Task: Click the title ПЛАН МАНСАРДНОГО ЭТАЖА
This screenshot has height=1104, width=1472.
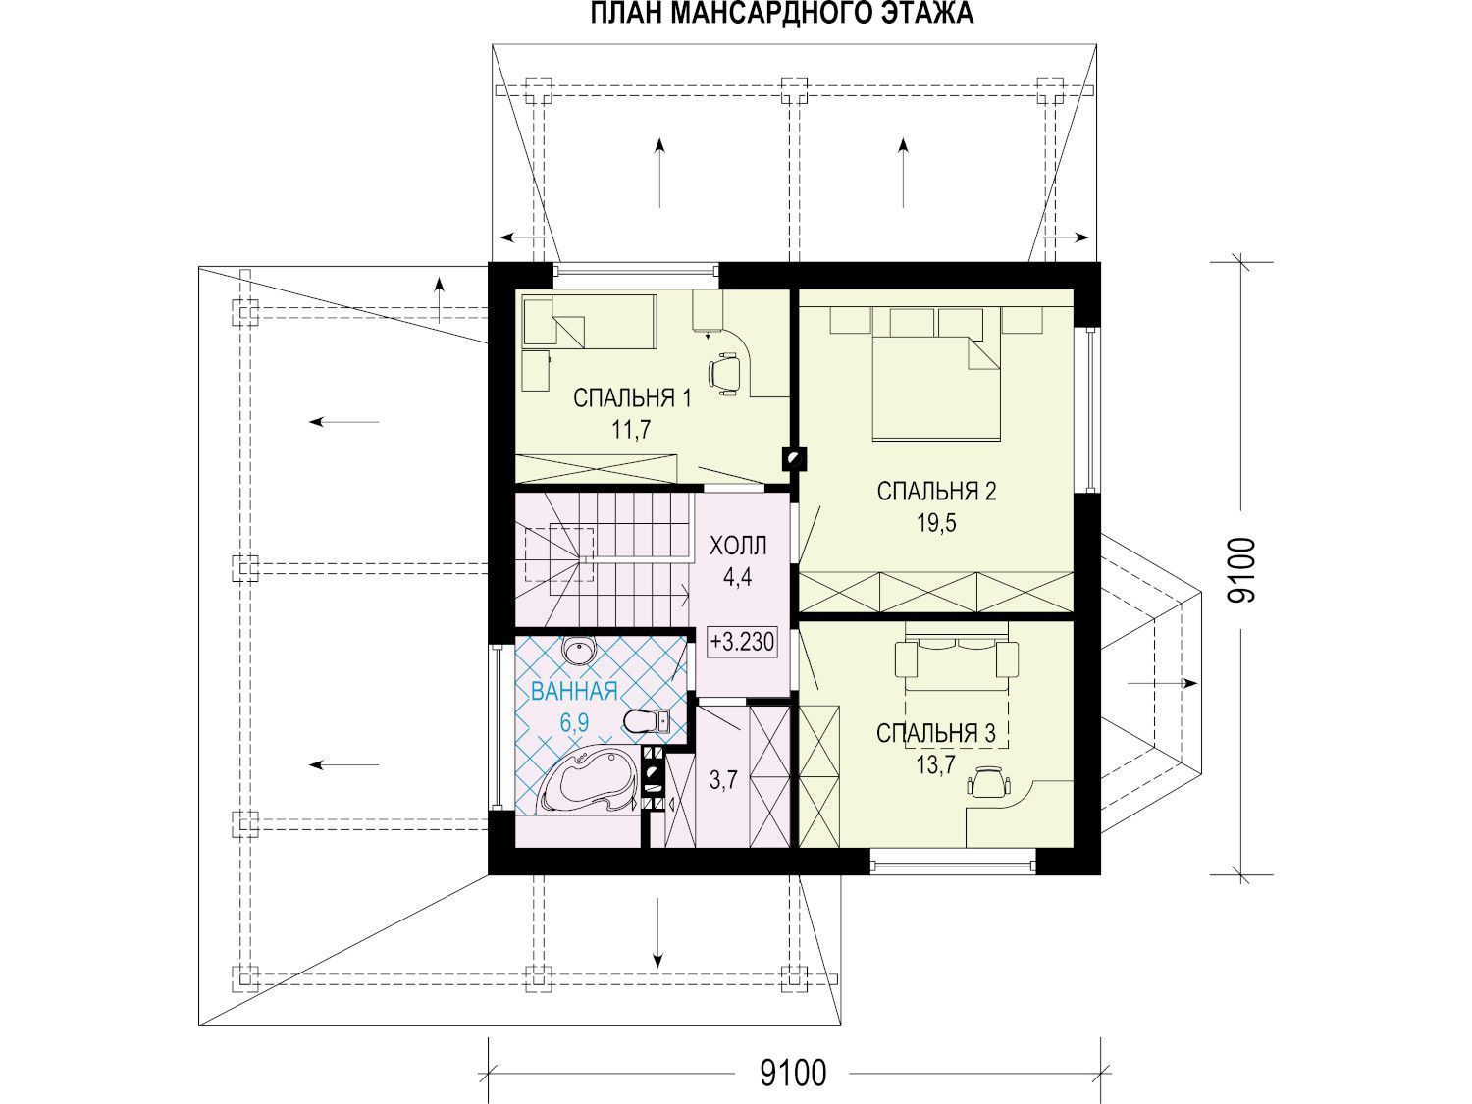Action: pos(781,14)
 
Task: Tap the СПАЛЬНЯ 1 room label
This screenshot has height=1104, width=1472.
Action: pos(632,398)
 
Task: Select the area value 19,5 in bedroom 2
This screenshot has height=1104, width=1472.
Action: pos(937,523)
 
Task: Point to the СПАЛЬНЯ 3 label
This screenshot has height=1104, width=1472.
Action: pos(936,733)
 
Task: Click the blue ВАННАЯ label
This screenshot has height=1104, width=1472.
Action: pos(574,691)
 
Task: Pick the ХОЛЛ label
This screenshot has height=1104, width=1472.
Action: pos(738,546)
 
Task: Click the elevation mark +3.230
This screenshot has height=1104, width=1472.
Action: pos(742,642)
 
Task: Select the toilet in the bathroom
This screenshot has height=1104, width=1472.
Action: pos(647,721)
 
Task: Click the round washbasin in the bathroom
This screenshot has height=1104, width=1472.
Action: pos(579,649)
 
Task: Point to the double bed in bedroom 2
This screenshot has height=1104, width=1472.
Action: pos(936,389)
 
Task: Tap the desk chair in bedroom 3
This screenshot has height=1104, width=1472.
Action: pos(989,783)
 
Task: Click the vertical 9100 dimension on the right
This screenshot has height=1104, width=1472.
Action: pos(1240,569)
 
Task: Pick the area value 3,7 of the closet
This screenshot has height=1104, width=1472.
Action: pos(723,779)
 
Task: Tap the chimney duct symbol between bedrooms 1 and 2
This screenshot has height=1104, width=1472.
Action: pos(793,458)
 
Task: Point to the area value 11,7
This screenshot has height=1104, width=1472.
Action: pos(631,429)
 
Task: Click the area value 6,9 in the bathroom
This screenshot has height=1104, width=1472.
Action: pos(575,722)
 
